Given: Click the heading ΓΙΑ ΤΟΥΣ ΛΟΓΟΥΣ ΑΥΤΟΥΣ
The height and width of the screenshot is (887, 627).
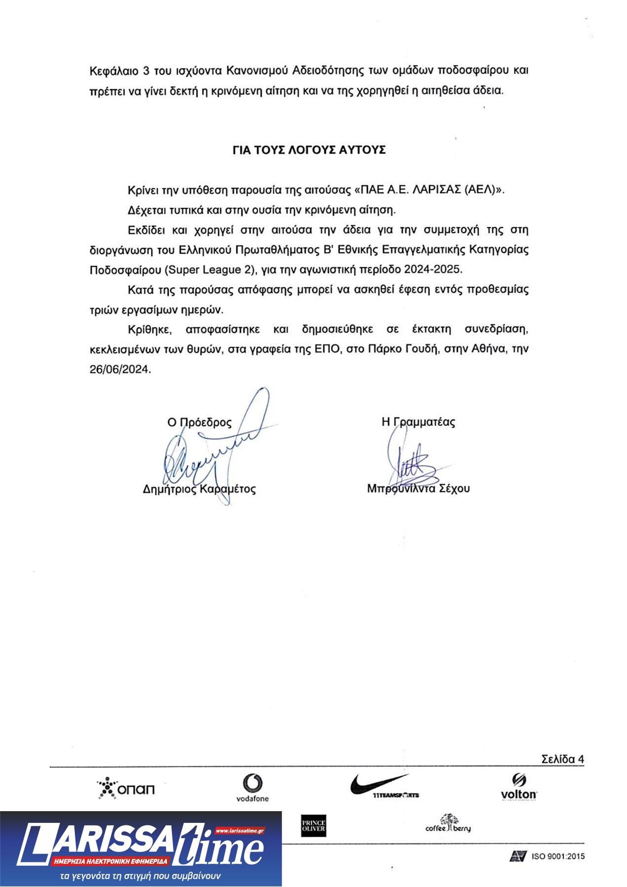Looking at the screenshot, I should click(309, 150).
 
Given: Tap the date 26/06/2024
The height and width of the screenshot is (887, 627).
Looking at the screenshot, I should click(120, 369).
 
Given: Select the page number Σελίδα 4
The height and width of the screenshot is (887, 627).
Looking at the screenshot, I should click(562, 759).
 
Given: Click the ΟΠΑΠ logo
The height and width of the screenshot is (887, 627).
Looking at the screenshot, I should click(126, 788).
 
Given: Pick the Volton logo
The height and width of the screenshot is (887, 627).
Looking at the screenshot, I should click(519, 787).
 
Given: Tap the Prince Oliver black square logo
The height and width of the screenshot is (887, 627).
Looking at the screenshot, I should click(313, 826).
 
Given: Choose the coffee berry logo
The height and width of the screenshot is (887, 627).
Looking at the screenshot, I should click(448, 824).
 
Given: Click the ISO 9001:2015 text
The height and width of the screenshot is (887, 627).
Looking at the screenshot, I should click(558, 856).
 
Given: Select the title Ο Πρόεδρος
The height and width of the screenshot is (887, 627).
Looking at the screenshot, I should click(199, 422).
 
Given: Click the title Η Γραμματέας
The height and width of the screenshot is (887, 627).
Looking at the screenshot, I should click(418, 422).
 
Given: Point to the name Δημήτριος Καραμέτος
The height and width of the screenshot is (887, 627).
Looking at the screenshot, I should click(199, 489).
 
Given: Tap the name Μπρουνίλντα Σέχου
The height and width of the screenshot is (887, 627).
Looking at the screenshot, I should click(418, 488).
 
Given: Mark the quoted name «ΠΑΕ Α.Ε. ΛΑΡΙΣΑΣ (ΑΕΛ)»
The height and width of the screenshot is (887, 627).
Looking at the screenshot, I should click(430, 190).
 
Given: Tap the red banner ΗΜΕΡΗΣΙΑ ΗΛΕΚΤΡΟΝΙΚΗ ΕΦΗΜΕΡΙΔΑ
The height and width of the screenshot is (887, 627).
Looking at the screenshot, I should click(111, 862).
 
